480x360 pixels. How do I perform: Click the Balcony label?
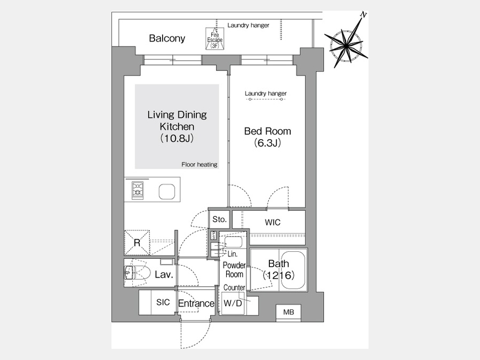[167, 38]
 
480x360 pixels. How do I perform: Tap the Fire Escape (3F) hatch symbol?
[214, 38]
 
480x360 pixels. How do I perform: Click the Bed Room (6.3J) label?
[267, 137]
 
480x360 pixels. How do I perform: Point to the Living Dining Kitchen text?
[177, 121]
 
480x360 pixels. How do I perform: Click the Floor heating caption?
[199, 164]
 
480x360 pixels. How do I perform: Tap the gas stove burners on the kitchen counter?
[138, 190]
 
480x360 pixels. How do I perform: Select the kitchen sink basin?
[167, 192]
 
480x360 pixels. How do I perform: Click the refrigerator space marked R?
[137, 243]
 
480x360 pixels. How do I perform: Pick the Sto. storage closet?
[219, 219]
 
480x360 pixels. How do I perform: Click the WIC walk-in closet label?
[273, 222]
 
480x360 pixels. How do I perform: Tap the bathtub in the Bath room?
[293, 270]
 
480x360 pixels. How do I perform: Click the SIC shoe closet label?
[163, 302]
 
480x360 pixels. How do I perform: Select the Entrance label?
[196, 303]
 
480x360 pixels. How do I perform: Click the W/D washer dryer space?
[233, 303]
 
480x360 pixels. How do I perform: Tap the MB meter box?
[289, 312]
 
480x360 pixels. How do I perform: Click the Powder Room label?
[234, 270]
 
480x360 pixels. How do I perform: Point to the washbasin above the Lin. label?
[234, 242]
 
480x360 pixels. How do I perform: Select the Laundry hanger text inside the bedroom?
[266, 93]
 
